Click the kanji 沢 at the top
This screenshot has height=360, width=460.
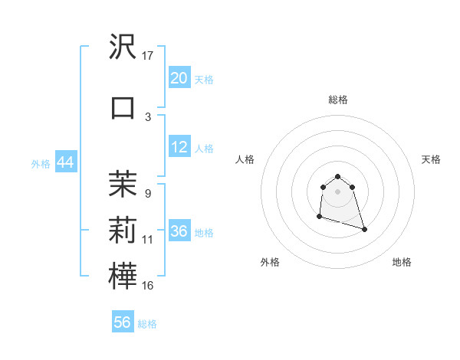pos(123,47)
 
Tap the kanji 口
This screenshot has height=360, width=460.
pos(123,107)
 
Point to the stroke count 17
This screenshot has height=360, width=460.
pos(148,57)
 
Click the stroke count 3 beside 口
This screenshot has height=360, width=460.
pos(148,116)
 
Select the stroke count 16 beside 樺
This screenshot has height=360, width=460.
pos(148,286)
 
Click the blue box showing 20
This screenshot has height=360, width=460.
pos(179,78)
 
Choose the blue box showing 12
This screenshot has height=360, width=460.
pos(179,147)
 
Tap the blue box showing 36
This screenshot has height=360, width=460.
pos(179,231)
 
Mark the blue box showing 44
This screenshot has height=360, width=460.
pos(65,162)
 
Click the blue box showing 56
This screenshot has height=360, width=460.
pos(123,322)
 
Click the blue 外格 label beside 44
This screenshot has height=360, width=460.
pos(41,163)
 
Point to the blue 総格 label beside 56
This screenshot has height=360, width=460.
pos(147,323)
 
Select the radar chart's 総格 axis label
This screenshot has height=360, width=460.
pos(338,100)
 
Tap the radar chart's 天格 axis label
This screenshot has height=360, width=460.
pos(432,159)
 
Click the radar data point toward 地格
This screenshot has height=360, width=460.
pos(364,229)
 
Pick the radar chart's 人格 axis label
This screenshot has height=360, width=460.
pos(245,159)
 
